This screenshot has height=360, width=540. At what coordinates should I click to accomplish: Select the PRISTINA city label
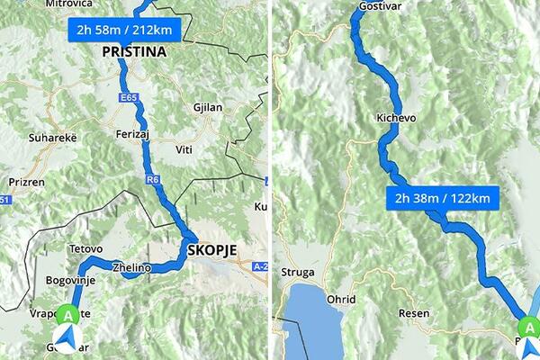pos(134,52)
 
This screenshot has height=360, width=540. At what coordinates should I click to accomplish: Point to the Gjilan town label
pos(208,106)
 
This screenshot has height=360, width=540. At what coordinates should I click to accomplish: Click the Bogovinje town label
pos(70,280)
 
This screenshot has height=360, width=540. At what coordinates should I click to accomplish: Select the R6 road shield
pos(153,181)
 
